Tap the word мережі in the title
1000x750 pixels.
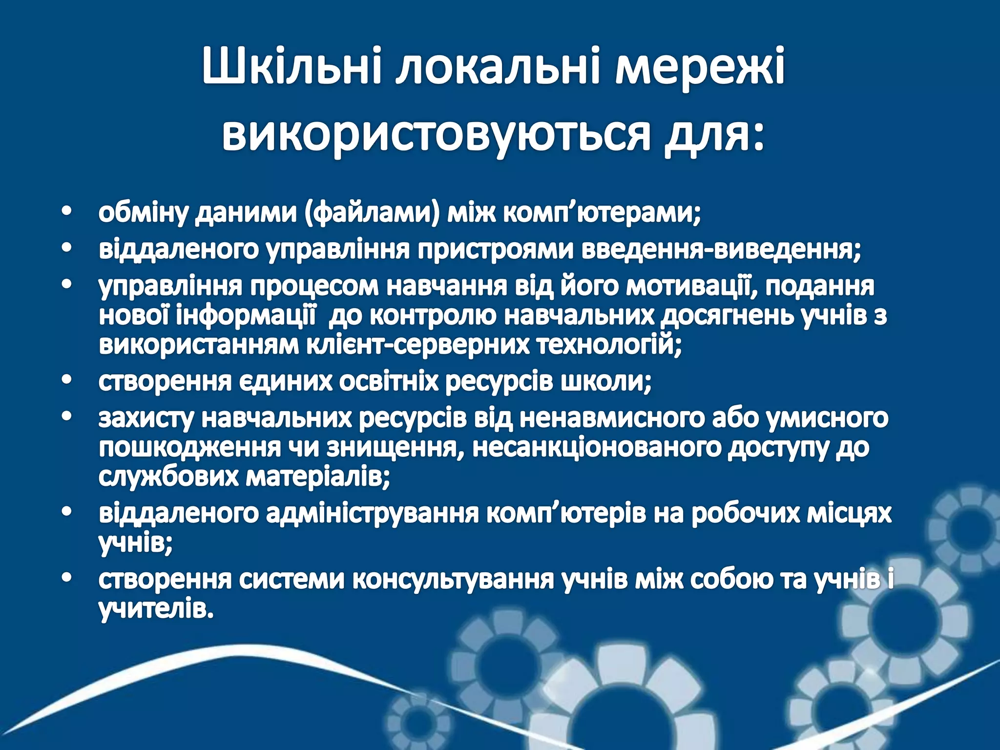[x=699, y=67]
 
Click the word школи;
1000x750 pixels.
[x=605, y=381]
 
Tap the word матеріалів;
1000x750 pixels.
[x=317, y=477]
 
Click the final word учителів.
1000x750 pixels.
[x=156, y=609]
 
